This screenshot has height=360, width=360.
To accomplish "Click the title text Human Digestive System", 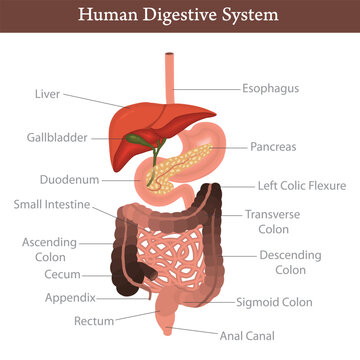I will [180, 16].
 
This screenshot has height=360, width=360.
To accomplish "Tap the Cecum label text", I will [61, 274].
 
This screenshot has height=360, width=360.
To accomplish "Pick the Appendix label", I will [70, 297].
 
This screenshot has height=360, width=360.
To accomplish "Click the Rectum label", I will [94, 321].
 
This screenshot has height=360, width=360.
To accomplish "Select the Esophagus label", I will [270, 88].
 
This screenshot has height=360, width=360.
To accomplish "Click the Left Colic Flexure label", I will [300, 185].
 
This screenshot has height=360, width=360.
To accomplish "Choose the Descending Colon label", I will [289, 262].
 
